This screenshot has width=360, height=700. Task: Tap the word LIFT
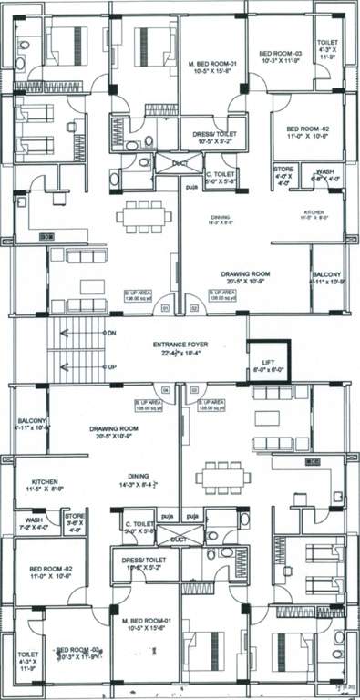click(270, 361)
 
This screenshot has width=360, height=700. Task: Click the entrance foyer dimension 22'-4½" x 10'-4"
click(180, 354)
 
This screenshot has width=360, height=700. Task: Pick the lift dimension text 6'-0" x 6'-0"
click(270, 370)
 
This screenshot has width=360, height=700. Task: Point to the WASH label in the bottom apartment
click(26, 520)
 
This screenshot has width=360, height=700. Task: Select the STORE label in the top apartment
click(284, 169)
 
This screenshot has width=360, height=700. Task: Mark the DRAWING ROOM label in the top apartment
click(246, 273)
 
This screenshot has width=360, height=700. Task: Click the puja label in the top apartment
click(190, 192)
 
